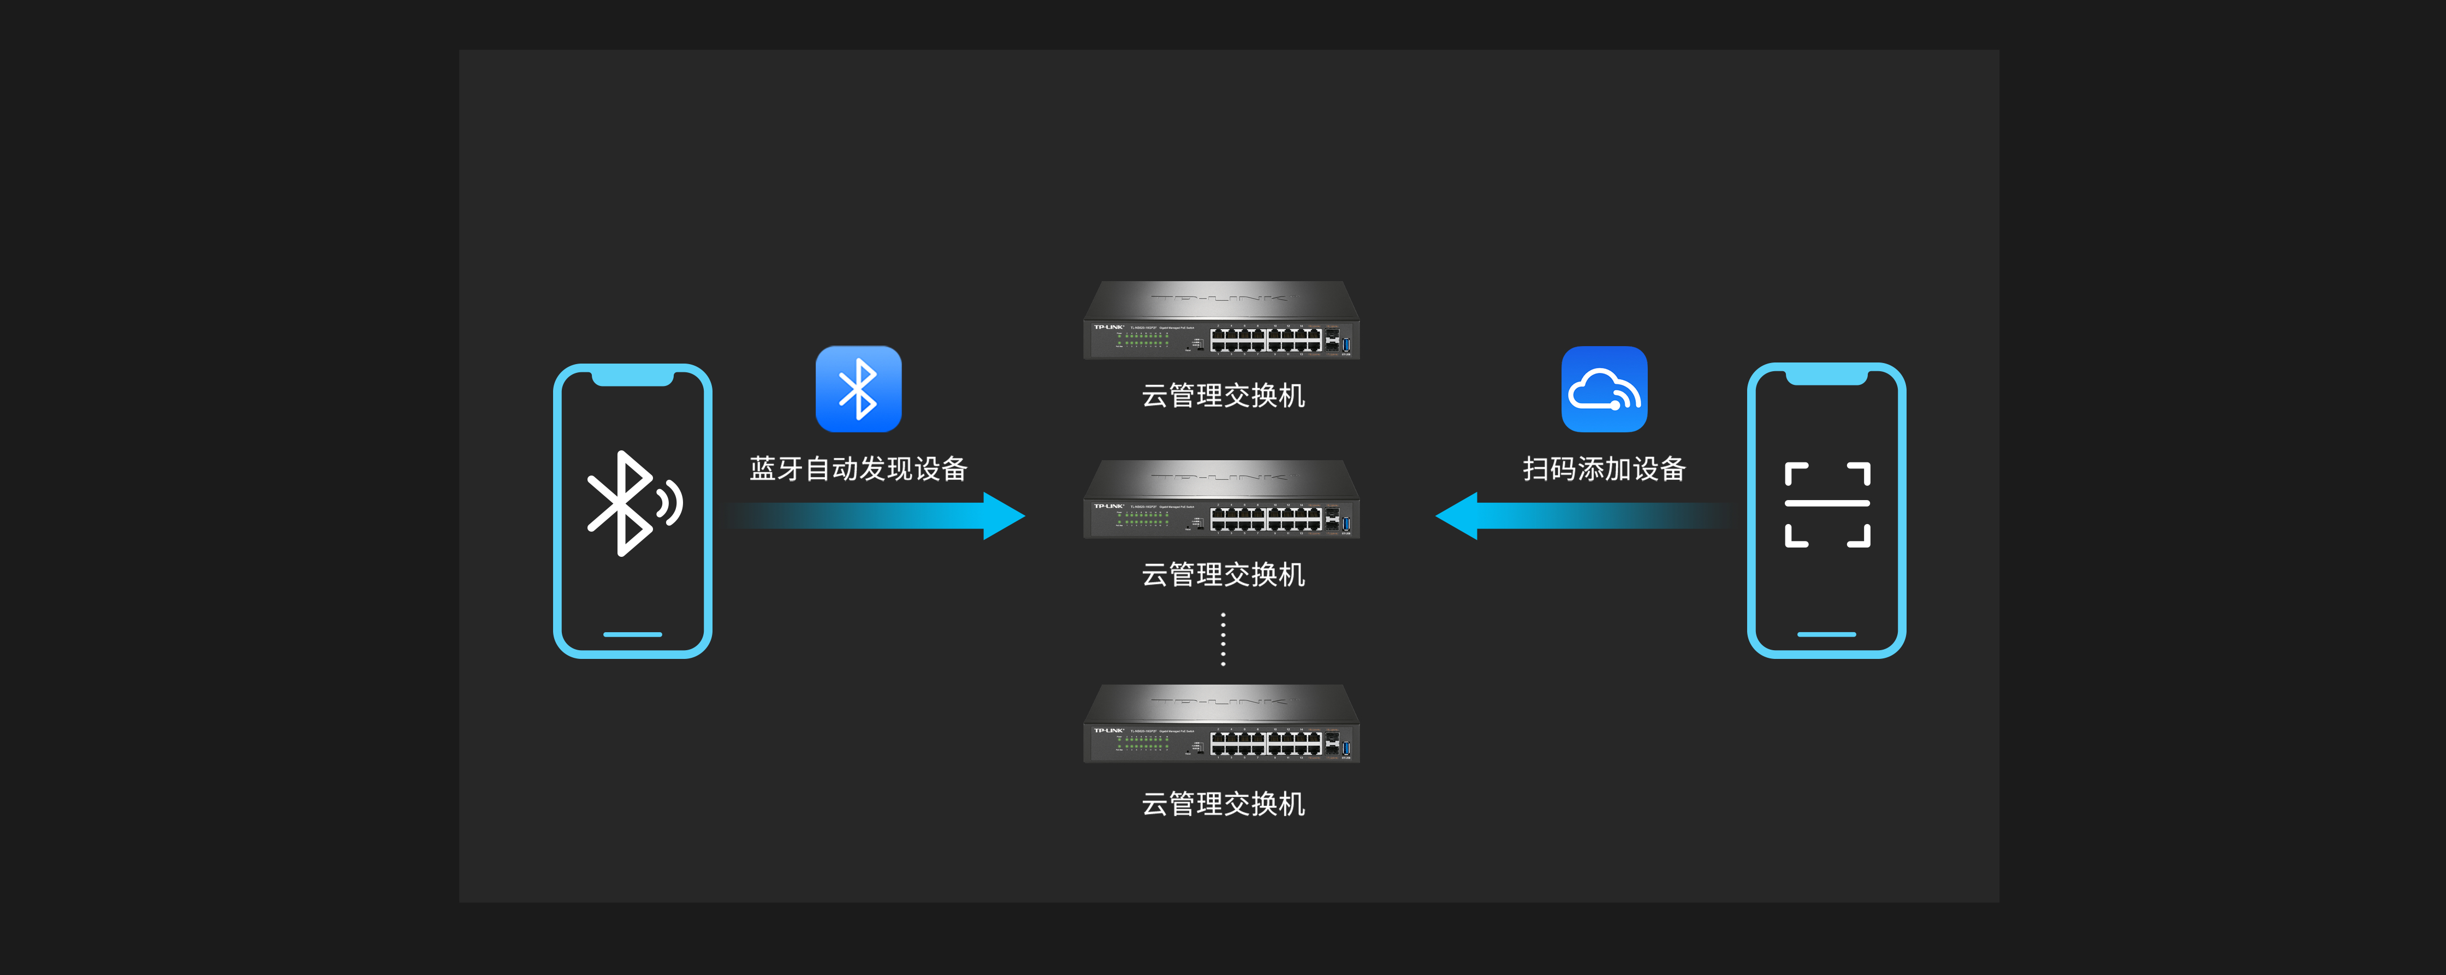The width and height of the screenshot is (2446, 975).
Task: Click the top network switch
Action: point(1222,321)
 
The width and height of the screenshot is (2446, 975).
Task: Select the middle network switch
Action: point(1222,500)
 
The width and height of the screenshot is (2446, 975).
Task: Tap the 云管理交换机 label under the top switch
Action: point(1223,395)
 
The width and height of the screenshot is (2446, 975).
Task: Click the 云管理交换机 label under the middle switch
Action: point(1223,574)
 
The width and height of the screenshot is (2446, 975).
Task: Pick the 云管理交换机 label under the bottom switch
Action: point(1223,804)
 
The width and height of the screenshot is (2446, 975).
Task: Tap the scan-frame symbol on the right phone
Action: point(1827,504)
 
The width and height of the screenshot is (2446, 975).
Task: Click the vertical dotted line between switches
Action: point(1223,639)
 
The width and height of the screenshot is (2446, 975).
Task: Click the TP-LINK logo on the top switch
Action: point(1108,326)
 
